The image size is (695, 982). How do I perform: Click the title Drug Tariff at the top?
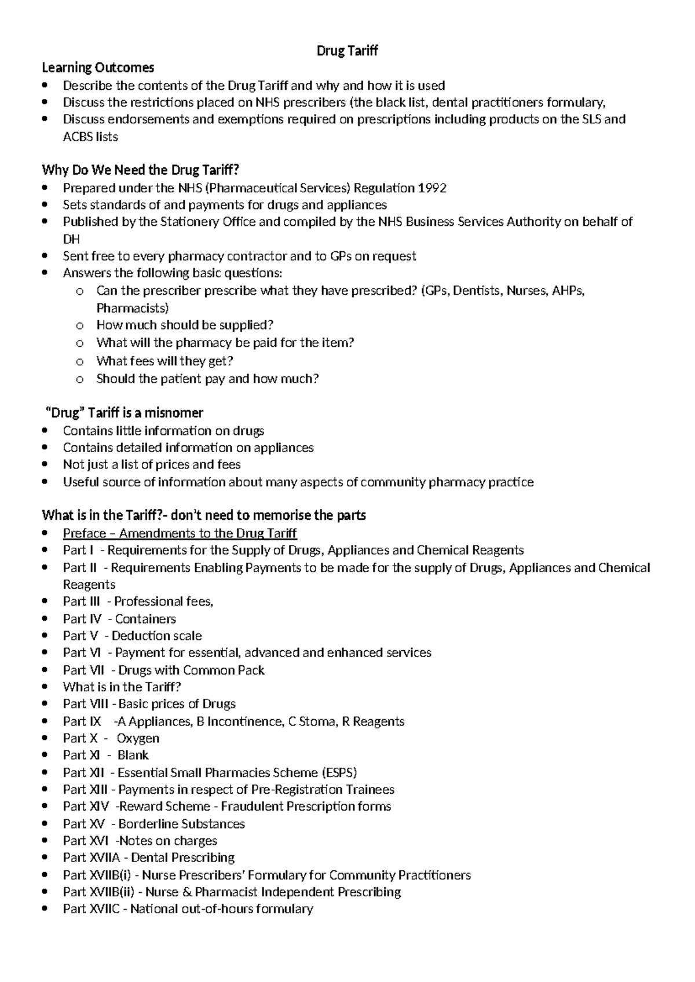[347, 51]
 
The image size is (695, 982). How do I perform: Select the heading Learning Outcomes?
[98, 68]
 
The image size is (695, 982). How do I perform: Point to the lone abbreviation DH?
[71, 239]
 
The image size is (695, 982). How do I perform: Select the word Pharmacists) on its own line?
[133, 307]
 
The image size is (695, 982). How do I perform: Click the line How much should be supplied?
[185, 325]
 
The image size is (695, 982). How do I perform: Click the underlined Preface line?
[180, 533]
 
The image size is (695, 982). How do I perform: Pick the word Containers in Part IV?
[145, 619]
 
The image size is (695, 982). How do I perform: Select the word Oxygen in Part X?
[138, 738]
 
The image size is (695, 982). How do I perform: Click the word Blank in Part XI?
[133, 755]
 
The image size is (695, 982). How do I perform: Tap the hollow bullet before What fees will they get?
[80, 362]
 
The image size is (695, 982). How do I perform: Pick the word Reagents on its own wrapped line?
[89, 585]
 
